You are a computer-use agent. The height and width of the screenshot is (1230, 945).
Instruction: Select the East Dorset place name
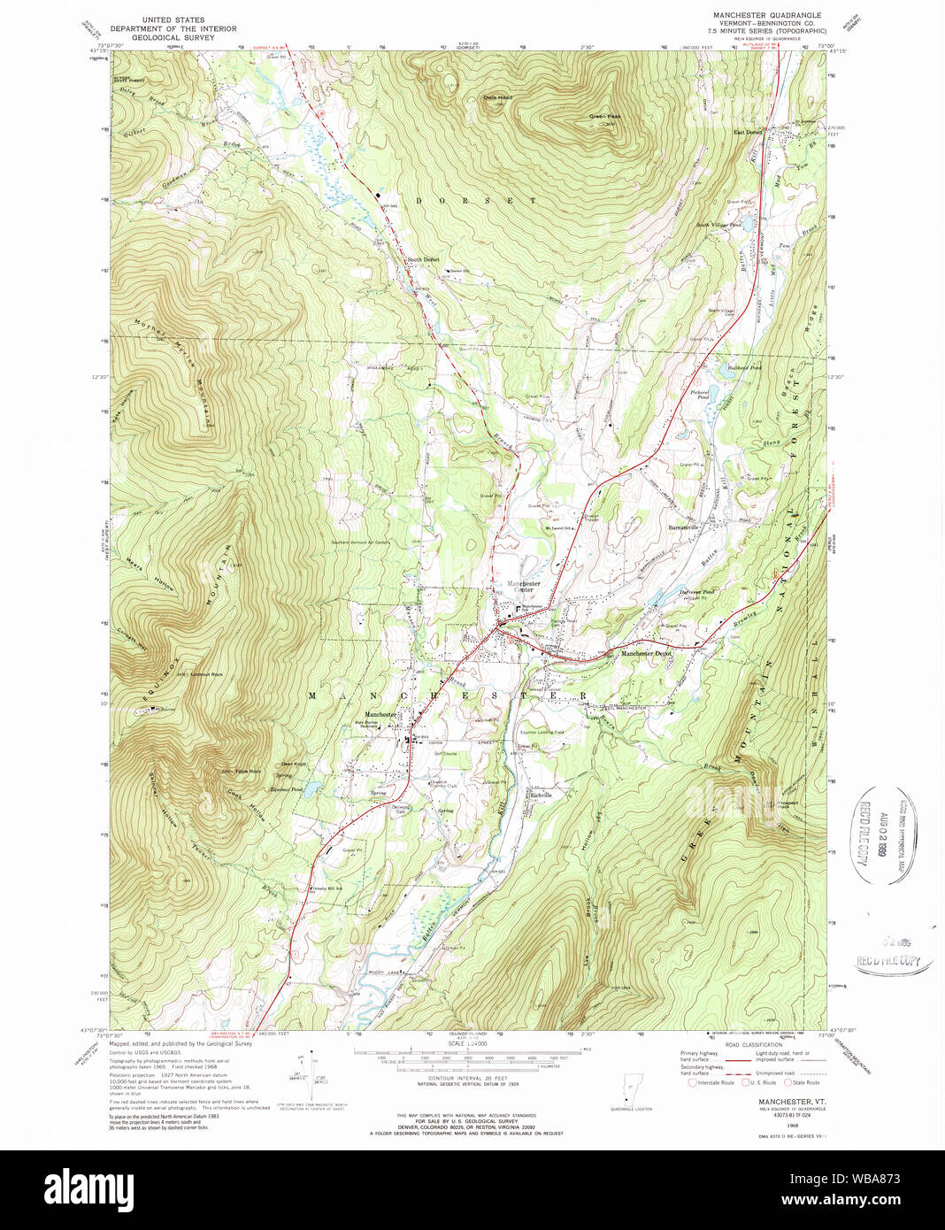tap(748, 133)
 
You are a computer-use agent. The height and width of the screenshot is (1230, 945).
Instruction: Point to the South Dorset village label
tap(423, 259)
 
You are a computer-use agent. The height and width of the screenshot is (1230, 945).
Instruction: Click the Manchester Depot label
tap(646, 653)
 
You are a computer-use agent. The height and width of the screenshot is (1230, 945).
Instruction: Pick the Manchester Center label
tap(524, 587)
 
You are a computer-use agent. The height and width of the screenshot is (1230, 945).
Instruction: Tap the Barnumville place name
tap(683, 527)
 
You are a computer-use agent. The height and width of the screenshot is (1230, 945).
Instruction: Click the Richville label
tap(540, 795)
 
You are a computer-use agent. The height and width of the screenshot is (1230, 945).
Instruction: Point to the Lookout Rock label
tap(206, 674)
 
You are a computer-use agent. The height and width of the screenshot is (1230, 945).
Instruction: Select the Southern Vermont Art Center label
tap(360, 542)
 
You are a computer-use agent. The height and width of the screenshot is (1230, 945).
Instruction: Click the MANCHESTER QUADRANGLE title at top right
tap(767, 15)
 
